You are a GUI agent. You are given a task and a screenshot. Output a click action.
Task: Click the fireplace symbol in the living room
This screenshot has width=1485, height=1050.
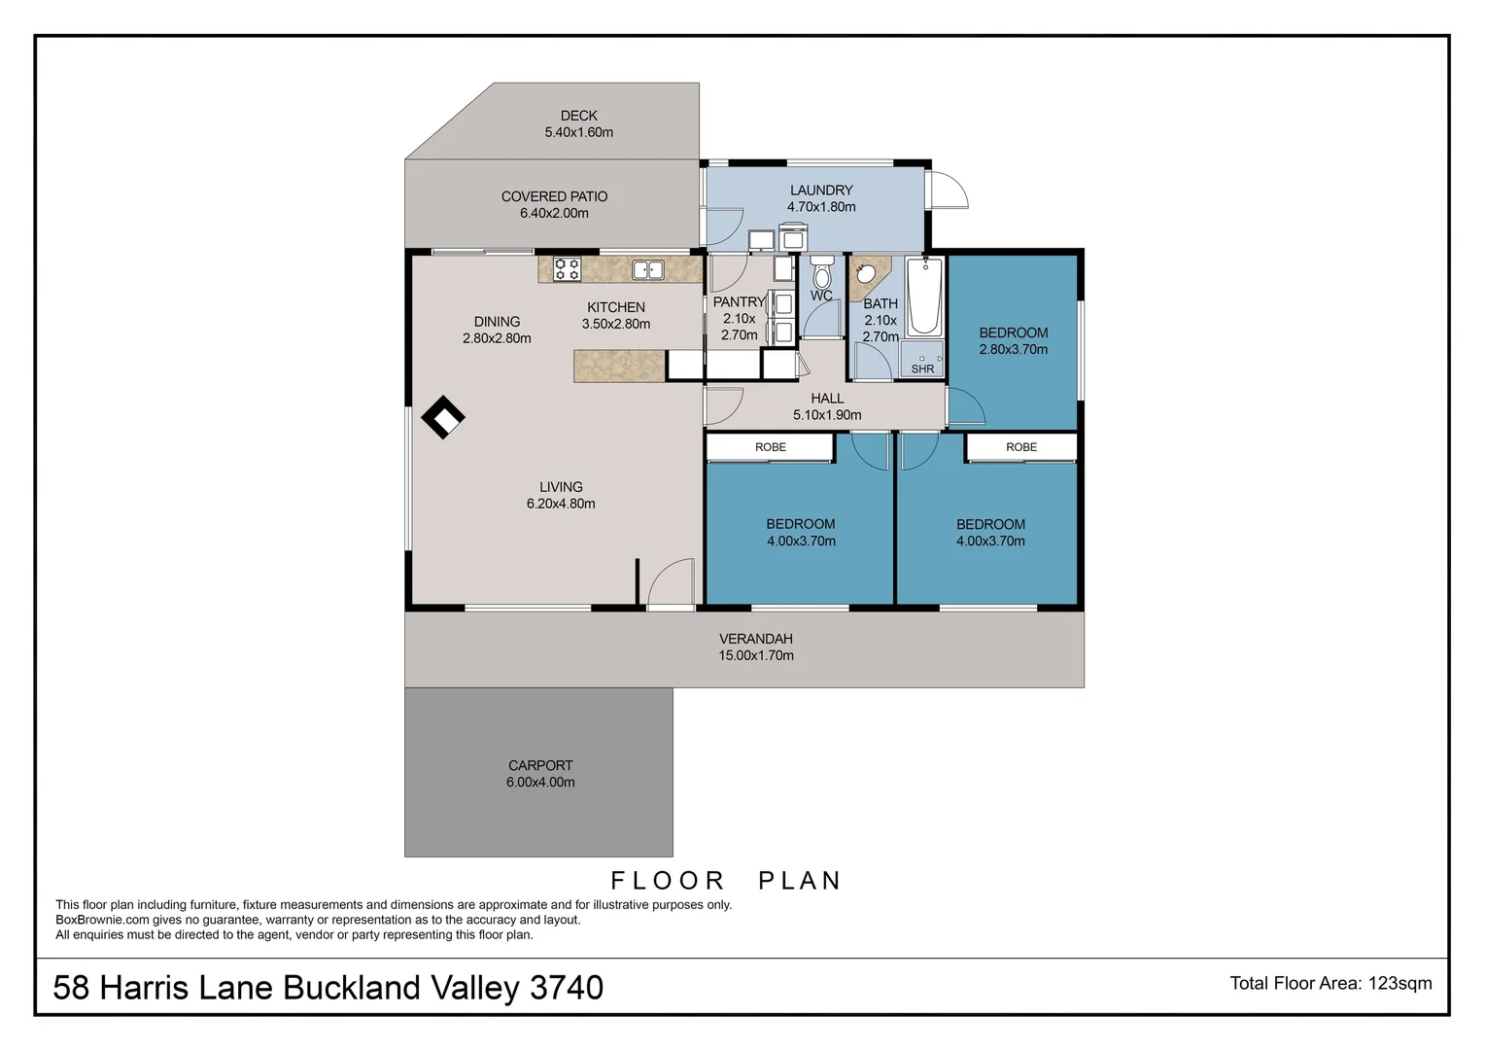pyautogui.click(x=442, y=417)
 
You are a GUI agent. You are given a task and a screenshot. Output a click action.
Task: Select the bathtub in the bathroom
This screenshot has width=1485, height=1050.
pyautogui.click(x=924, y=296)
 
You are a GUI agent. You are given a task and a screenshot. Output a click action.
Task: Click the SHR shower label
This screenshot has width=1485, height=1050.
pyautogui.click(x=922, y=368)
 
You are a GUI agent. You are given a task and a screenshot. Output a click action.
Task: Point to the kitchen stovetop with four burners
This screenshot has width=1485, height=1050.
pyautogui.click(x=567, y=269)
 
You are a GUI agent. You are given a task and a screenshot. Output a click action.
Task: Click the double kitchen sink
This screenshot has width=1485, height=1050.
pyautogui.click(x=648, y=269)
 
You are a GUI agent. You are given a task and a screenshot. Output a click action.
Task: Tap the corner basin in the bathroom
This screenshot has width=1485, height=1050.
pyautogui.click(x=865, y=274)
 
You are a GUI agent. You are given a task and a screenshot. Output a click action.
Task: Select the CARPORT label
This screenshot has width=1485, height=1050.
pyautogui.click(x=540, y=765)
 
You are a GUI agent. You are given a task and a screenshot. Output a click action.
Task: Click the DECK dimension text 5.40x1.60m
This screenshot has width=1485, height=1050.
pyautogui.click(x=578, y=132)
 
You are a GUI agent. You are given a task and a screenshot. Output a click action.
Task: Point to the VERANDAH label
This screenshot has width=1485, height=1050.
pyautogui.click(x=755, y=639)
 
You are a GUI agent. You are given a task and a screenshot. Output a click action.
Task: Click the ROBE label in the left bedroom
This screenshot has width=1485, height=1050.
pyautogui.click(x=771, y=447)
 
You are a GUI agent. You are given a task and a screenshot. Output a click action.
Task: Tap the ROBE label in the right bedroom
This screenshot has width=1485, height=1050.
pyautogui.click(x=1021, y=447)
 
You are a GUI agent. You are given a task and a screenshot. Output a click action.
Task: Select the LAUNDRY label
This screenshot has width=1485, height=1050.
pyautogui.click(x=821, y=191)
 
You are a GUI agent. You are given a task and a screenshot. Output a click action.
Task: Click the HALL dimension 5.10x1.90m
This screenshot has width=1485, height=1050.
pyautogui.click(x=827, y=415)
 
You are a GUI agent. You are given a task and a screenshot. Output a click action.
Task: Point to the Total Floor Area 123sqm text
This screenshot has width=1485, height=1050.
pyautogui.click(x=1330, y=983)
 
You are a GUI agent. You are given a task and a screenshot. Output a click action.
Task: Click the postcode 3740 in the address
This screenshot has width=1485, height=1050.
pyautogui.click(x=567, y=988)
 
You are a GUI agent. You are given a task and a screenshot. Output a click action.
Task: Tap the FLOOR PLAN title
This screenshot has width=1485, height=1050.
pyautogui.click(x=726, y=881)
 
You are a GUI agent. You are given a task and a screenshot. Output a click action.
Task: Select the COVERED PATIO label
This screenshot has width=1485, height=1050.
pyautogui.click(x=554, y=196)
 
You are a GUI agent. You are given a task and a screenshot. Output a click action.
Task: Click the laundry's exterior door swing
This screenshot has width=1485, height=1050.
pyautogui.click(x=950, y=190)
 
